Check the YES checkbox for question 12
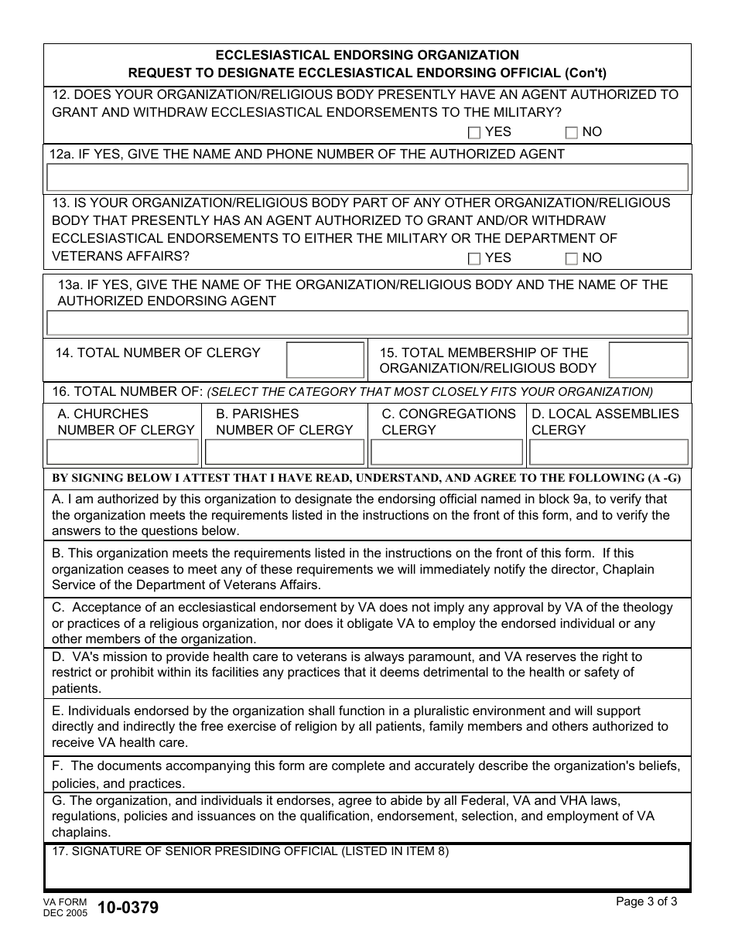[474, 132]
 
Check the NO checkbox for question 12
[571, 132]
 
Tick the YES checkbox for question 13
[474, 258]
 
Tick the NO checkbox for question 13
[571, 258]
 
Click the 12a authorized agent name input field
[367, 177]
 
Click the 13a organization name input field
[367, 322]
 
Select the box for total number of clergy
[325, 360]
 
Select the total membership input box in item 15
[648, 360]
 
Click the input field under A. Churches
[123, 452]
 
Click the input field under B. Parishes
[284, 452]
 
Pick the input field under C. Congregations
[446, 452]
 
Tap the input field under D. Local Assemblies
[608, 452]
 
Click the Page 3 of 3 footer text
[646, 902]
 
